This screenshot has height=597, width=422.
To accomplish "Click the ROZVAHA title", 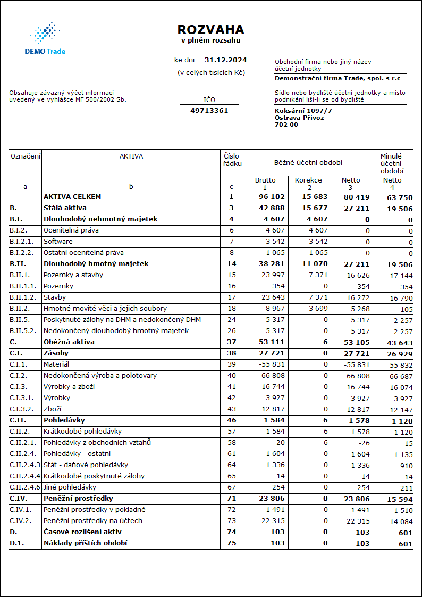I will point(210,30).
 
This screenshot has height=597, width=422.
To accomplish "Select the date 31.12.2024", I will point(225,60).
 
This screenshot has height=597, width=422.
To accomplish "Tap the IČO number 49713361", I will point(209,111).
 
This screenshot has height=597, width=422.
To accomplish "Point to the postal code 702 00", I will point(286,125).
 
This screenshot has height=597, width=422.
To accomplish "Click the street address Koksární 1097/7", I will point(303,110).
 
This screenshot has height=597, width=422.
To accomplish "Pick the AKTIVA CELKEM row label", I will point(72,197).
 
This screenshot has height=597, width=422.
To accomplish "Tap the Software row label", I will point(58,242).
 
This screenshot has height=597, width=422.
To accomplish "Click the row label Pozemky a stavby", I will point(73,275).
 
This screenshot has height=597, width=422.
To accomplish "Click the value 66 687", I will point(400,376).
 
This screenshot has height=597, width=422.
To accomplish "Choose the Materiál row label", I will point(56,364).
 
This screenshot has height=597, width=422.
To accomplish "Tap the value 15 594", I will point(400,499).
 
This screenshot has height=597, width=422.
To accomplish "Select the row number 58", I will point(231,443).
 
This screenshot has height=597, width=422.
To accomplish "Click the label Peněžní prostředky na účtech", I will point(93,521).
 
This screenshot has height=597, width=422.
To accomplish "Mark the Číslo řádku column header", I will point(232,160).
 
